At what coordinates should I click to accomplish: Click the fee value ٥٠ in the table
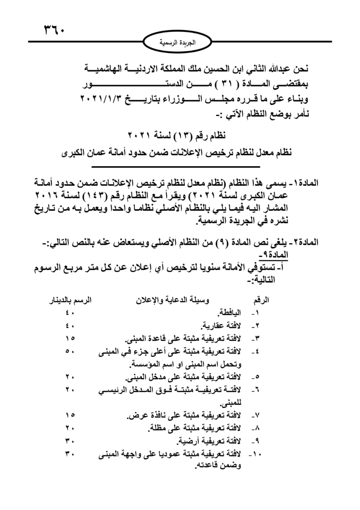coord(70,351)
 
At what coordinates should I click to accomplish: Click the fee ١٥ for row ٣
coord(70,339)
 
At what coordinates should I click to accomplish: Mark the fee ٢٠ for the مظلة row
coord(70,429)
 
